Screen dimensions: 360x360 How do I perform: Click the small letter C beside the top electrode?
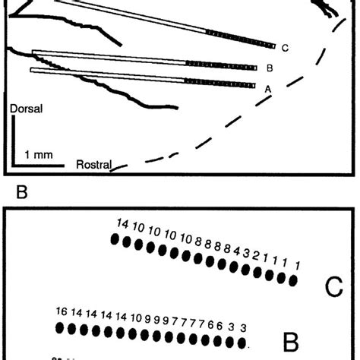coord(284,48)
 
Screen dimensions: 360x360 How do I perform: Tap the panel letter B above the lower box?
coord(22,193)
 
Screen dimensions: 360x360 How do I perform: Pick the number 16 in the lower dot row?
coord(63,311)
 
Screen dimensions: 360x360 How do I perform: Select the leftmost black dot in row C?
coord(115,240)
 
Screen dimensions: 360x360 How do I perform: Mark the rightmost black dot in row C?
coord(293,280)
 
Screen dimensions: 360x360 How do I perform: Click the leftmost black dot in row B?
coord(61,327)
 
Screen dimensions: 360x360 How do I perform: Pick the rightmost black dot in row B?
coord(243,337)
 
